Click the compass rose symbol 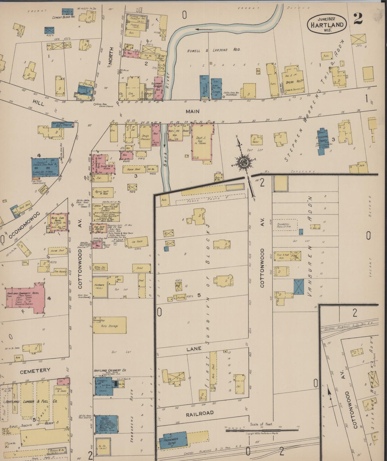[x=244, y=162]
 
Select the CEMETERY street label [x=35, y=370]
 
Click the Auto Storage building [x=110, y=326]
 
